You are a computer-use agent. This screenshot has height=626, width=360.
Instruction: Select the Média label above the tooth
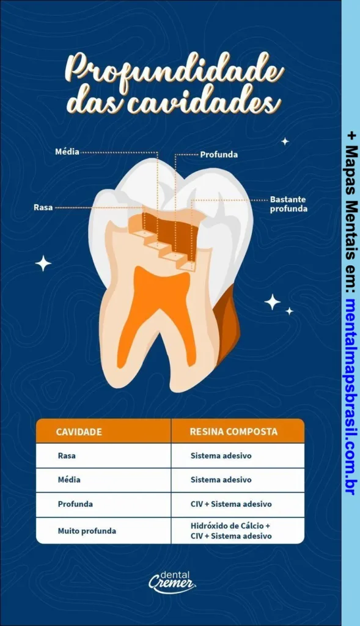(x=67, y=152)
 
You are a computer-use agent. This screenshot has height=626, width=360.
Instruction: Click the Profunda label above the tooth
(x=219, y=155)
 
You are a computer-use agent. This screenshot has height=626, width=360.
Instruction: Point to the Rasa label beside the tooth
(x=43, y=208)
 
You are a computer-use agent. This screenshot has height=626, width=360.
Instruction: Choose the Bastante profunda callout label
(x=288, y=204)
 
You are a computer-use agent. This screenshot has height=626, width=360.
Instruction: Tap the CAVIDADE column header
(x=79, y=432)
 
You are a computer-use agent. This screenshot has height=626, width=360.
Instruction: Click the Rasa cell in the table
(x=67, y=455)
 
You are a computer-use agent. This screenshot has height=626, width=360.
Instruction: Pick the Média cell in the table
(x=69, y=480)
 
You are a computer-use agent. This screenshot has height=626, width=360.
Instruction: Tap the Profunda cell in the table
(x=75, y=504)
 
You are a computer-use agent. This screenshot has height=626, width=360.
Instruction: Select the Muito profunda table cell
(x=87, y=531)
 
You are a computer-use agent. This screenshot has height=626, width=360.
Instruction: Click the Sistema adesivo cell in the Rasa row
(x=221, y=455)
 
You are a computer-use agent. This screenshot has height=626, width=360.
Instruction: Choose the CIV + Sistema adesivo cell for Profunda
(x=230, y=504)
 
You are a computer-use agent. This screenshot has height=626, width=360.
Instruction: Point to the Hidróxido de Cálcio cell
(x=230, y=526)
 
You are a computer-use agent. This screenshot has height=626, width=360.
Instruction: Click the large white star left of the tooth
(x=43, y=263)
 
